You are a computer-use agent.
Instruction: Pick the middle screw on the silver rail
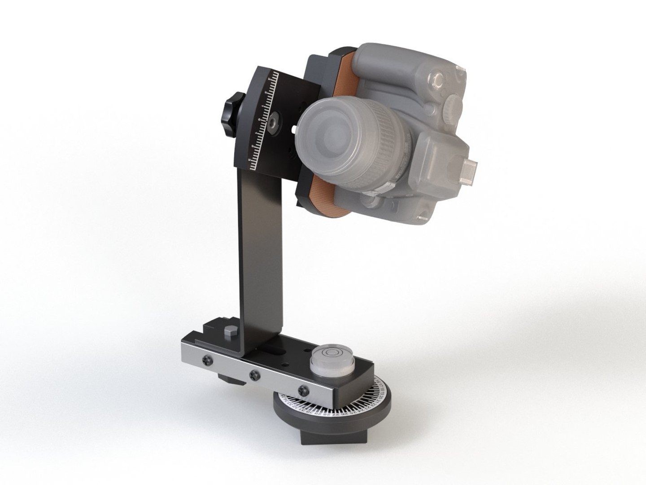(x=255, y=374)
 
